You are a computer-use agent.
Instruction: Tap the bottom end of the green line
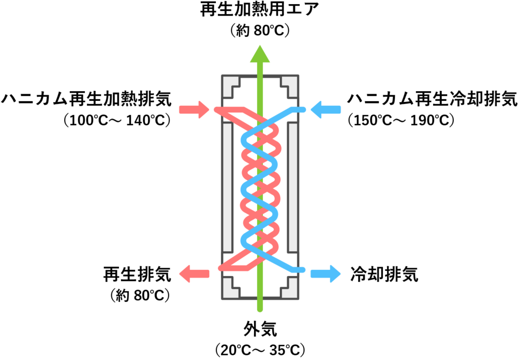click(260, 310)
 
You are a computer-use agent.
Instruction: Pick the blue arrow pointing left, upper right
click(326, 109)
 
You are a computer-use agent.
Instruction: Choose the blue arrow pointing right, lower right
click(326, 274)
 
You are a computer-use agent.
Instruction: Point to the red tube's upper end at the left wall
click(217, 109)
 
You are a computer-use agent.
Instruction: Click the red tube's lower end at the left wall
click(221, 268)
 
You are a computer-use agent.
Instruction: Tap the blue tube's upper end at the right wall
click(303, 109)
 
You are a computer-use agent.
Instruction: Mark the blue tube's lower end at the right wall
click(303, 270)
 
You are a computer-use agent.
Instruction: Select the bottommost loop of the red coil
click(270, 246)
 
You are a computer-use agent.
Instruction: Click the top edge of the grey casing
click(260, 75)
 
